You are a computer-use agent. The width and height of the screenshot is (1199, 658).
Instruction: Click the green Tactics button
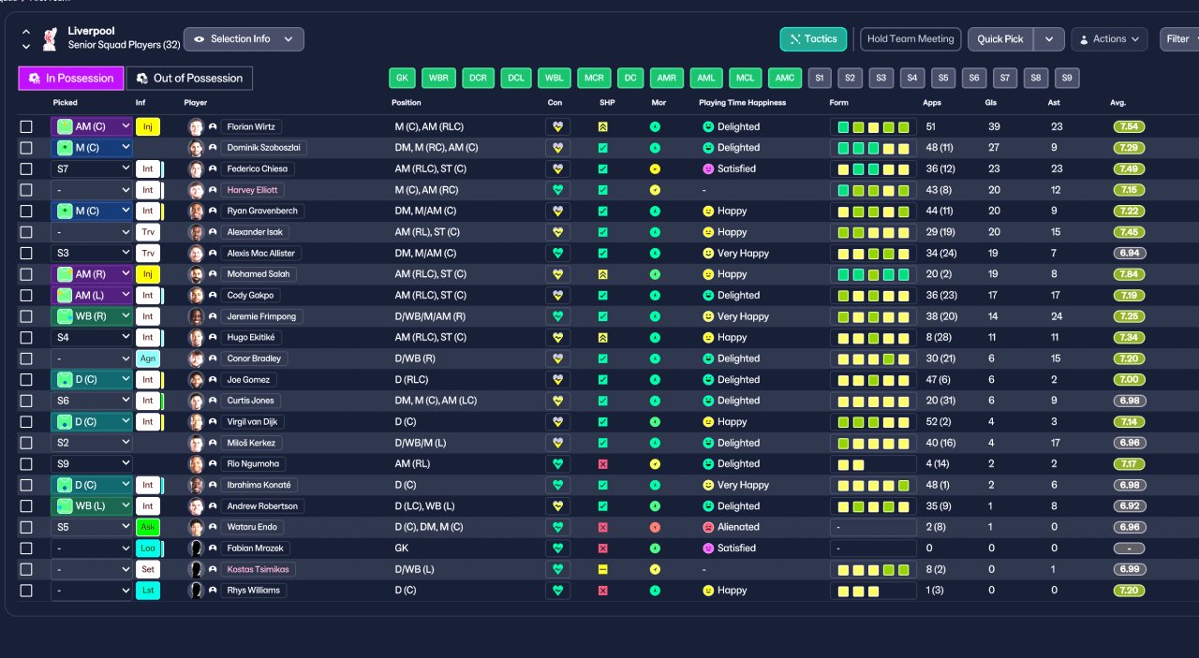click(813, 39)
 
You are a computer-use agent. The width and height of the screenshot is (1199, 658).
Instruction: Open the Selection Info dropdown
click(244, 39)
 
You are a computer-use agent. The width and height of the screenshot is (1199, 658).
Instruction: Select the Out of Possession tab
click(189, 78)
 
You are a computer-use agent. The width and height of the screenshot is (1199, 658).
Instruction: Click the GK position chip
click(402, 78)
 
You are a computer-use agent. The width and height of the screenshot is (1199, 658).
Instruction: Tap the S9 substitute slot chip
click(1067, 78)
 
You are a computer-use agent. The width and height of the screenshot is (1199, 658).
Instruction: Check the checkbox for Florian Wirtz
click(26, 126)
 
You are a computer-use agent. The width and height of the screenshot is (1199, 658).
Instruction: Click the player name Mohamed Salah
click(258, 274)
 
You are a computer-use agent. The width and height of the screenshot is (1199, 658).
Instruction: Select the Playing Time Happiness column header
click(742, 103)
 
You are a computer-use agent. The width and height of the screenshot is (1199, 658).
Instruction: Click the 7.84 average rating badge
click(1129, 274)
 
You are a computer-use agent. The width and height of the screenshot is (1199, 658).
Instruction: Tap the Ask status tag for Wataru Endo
click(148, 527)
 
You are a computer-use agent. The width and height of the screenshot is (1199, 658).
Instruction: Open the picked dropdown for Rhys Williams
click(92, 591)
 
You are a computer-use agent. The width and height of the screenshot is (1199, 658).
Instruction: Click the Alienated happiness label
click(738, 527)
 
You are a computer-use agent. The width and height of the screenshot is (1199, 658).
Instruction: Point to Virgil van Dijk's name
click(252, 421)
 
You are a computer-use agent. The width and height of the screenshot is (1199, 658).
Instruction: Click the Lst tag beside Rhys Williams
click(148, 591)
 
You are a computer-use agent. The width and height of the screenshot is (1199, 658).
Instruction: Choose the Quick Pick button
click(999, 39)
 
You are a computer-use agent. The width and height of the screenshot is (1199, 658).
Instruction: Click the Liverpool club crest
click(51, 39)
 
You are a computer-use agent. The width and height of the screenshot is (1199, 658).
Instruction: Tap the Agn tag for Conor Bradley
click(148, 358)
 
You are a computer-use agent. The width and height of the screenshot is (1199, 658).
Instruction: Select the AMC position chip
click(785, 78)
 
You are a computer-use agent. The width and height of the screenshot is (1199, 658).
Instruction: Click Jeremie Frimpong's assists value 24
click(1056, 316)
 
